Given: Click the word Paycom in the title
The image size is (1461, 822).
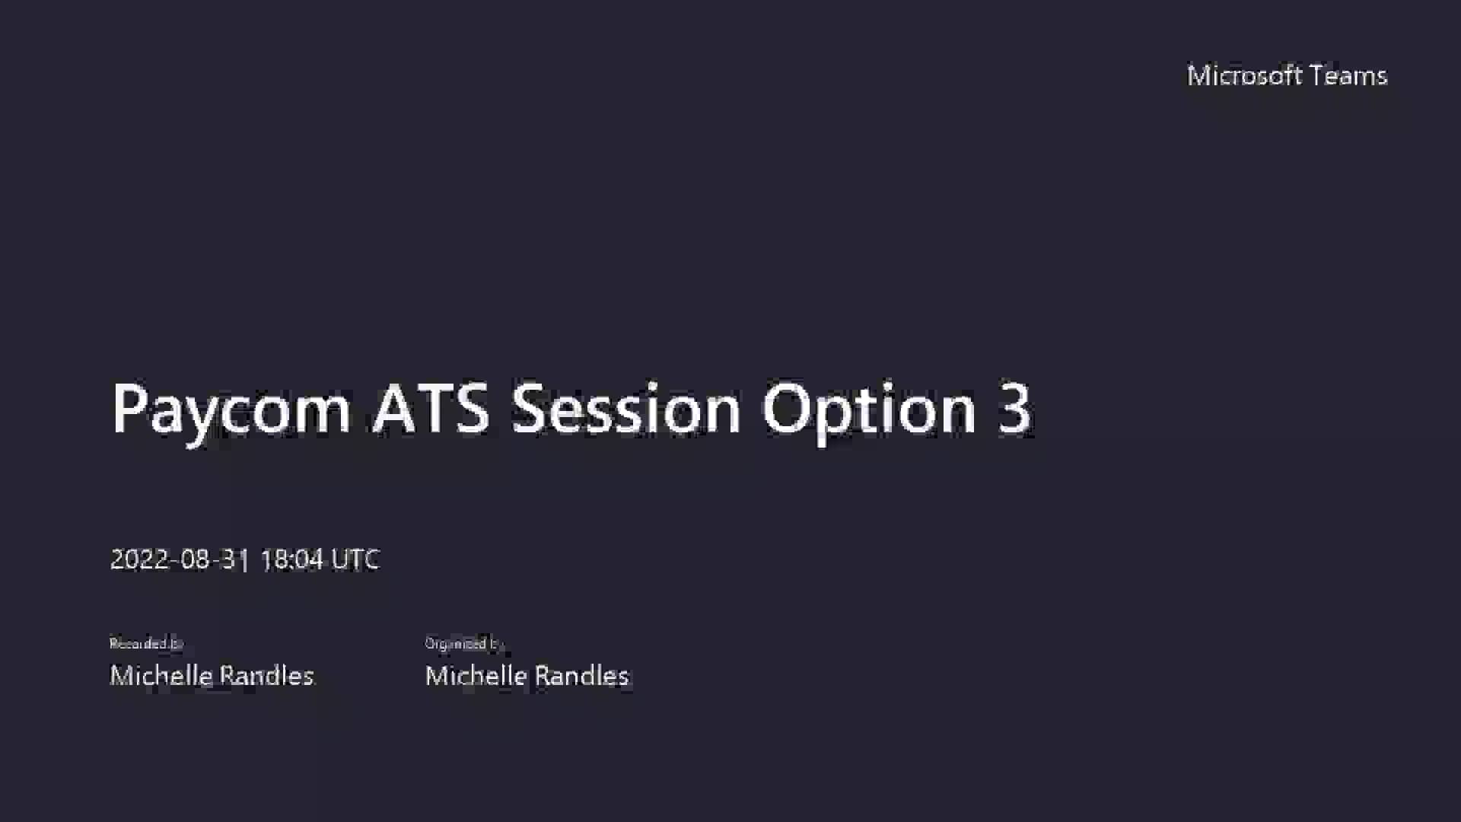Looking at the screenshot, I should pos(231,409).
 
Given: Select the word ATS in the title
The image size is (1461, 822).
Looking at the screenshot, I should pos(431,409).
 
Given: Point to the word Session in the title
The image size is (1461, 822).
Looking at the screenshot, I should pos(625,409).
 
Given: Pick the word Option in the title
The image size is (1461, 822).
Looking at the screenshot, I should pos(868,409).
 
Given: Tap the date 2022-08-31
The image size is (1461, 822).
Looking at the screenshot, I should pos(180,559).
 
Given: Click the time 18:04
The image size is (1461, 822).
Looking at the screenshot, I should pos(291,559).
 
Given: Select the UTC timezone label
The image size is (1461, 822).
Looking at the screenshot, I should pos(355,559).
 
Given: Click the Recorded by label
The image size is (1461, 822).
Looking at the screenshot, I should pos(146,644).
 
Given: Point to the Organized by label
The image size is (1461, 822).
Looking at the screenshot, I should pos(463,644).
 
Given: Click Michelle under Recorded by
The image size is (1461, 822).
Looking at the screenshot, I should pos(161,676).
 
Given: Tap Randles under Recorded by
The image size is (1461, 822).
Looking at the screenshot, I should pos(266,676).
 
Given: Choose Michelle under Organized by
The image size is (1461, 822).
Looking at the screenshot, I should pos(476,676).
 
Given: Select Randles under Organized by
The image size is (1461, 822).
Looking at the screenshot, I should pos(581,676).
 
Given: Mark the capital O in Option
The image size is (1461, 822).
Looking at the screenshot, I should pos(788,409).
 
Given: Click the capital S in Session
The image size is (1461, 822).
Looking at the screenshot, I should pos(530,409).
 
